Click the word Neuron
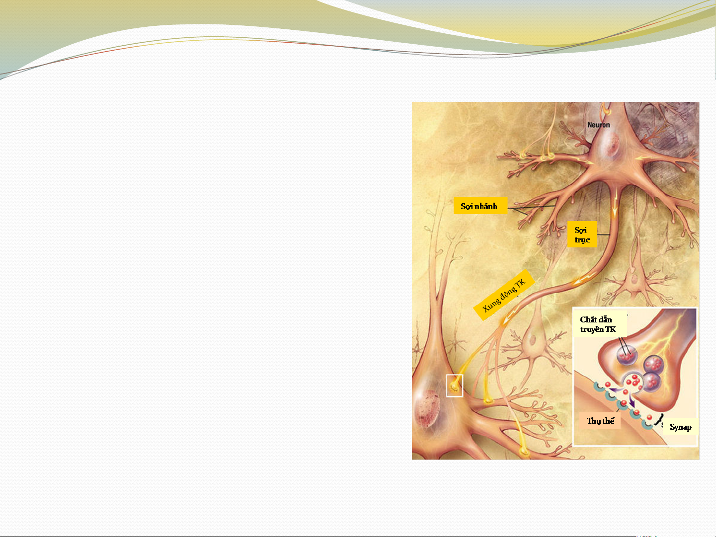(x=599, y=125)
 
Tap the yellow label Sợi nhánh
(x=480, y=206)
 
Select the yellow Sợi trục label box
(x=582, y=234)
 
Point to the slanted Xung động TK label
(x=504, y=295)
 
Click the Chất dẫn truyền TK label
(x=600, y=324)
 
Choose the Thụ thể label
(x=600, y=421)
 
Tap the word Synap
(x=680, y=427)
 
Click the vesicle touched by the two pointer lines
(x=627, y=355)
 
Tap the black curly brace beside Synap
(x=659, y=421)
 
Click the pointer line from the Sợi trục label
(x=603, y=234)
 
